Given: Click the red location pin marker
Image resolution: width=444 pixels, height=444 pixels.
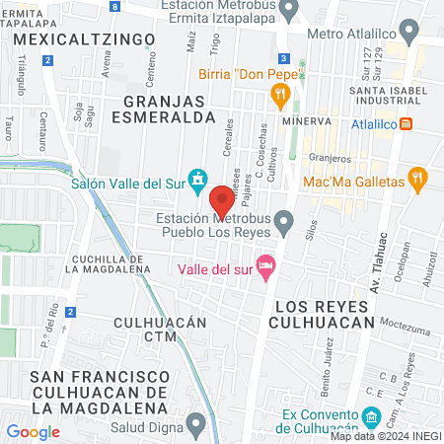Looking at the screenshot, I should point(221,203).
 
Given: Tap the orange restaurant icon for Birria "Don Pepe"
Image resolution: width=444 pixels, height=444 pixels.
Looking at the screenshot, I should point(280,96).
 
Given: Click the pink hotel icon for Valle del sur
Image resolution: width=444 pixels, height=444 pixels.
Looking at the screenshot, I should point(264,265).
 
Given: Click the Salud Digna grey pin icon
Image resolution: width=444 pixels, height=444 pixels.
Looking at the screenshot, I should point(197,425).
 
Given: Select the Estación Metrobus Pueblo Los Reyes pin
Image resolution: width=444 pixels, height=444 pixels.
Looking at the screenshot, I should point(285,223).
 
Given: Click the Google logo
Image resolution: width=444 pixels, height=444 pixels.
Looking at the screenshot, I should point(33,431).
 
